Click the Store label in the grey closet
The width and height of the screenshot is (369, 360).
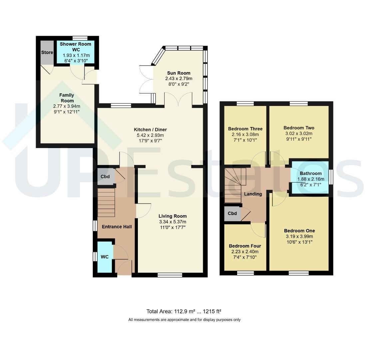(47, 52)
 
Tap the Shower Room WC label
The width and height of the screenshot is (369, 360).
(76, 47)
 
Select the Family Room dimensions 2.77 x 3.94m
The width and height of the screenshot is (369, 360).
(67, 106)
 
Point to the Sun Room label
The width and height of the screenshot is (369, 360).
(179, 73)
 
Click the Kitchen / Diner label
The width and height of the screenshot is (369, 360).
(151, 130)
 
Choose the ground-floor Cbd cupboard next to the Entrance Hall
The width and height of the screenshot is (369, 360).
(106, 176)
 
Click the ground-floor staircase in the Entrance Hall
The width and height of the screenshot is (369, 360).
(106, 203)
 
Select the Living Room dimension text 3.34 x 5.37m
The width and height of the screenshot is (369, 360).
(173, 222)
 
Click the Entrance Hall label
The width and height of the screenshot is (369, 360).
(117, 227)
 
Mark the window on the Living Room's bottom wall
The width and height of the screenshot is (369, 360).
(170, 275)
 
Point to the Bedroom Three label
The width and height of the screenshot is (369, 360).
(245, 129)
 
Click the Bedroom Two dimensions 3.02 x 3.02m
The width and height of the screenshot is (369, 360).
(299, 133)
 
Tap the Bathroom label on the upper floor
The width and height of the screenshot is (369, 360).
(311, 173)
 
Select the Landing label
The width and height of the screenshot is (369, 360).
(253, 194)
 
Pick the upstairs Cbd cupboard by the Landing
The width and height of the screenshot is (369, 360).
(232, 213)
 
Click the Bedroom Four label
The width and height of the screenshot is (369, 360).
(245, 246)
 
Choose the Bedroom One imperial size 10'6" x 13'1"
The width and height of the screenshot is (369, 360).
(299, 242)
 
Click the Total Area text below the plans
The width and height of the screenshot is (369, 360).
(184, 311)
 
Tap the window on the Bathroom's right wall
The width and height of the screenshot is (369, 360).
(331, 177)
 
